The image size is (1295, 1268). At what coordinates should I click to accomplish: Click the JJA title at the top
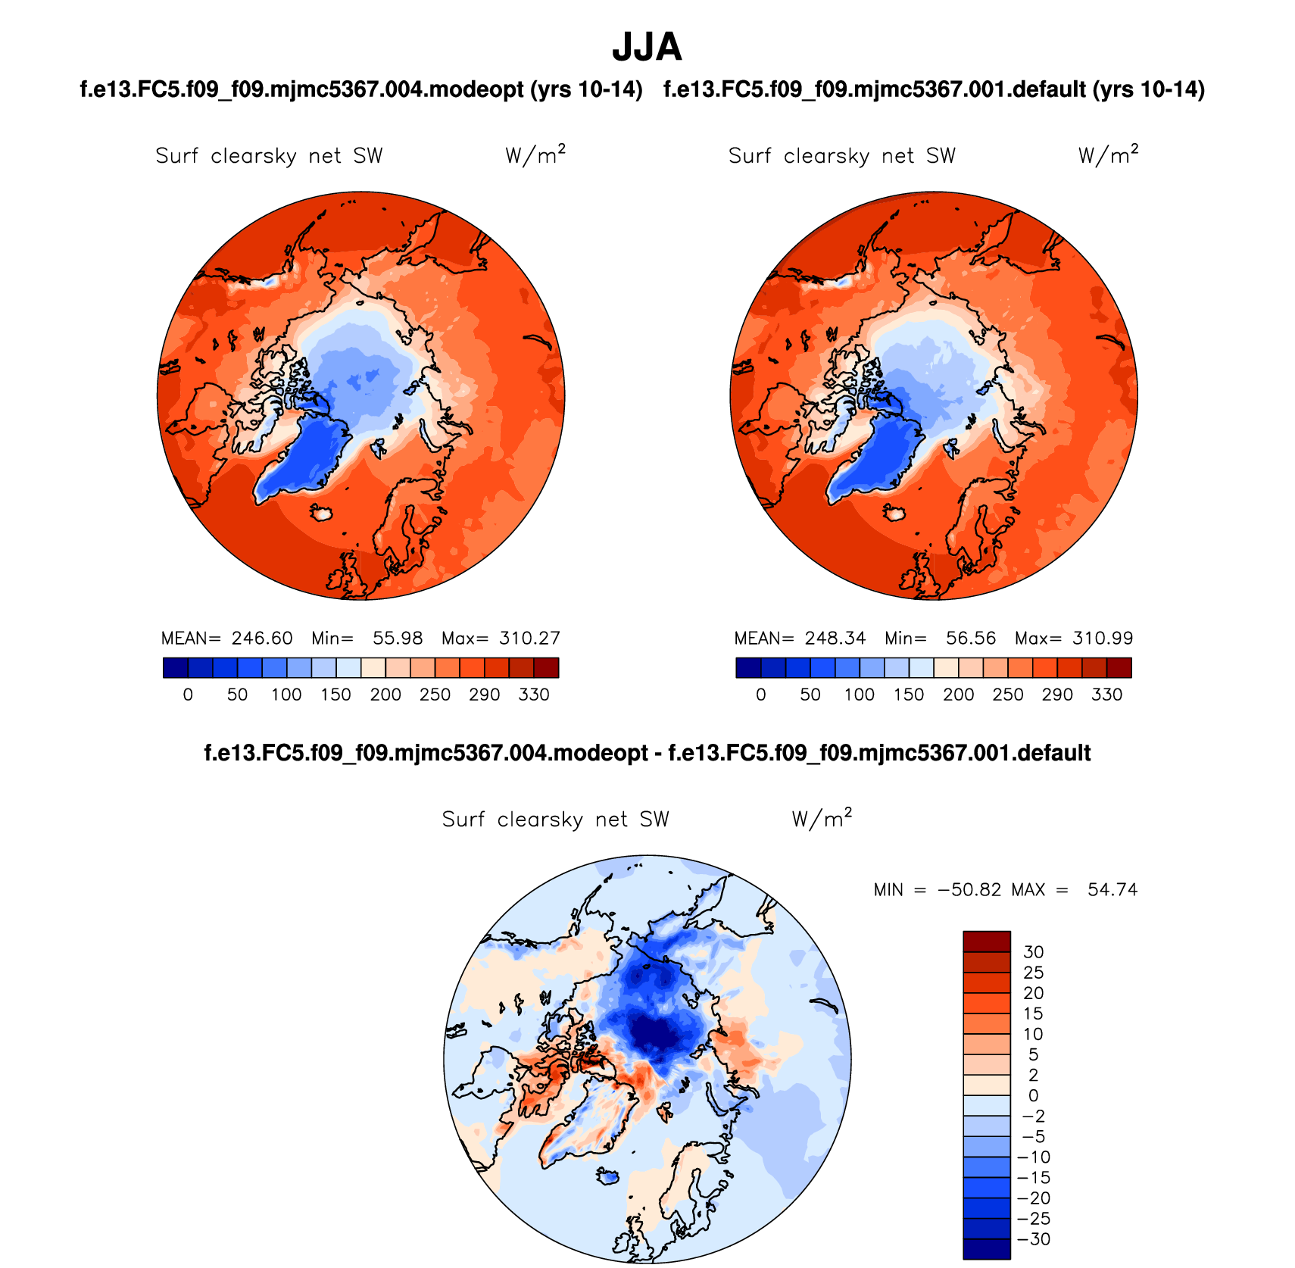647,48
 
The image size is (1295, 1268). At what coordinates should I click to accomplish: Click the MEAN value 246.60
262,639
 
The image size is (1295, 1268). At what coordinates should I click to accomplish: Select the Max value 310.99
1103,639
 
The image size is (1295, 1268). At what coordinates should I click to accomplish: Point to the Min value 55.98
398,639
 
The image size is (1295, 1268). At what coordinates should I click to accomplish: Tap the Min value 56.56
971,639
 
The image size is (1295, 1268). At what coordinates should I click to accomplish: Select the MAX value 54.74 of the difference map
1112,890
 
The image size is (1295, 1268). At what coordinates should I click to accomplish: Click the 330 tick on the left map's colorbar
534,695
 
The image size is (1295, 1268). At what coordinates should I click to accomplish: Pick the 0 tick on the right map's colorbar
761,695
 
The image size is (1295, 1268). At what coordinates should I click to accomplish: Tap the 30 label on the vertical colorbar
1033,952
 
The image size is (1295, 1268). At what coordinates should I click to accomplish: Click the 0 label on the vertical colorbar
1033,1095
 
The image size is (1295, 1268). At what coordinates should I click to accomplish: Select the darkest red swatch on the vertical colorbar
987,942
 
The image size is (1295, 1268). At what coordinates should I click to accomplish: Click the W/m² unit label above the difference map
822,819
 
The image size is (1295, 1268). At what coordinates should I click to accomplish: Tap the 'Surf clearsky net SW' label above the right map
841,156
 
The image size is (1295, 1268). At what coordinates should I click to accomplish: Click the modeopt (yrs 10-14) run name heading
361,90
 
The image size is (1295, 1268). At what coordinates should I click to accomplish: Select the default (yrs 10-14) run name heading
934,90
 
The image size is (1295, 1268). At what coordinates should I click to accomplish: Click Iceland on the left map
323,514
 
